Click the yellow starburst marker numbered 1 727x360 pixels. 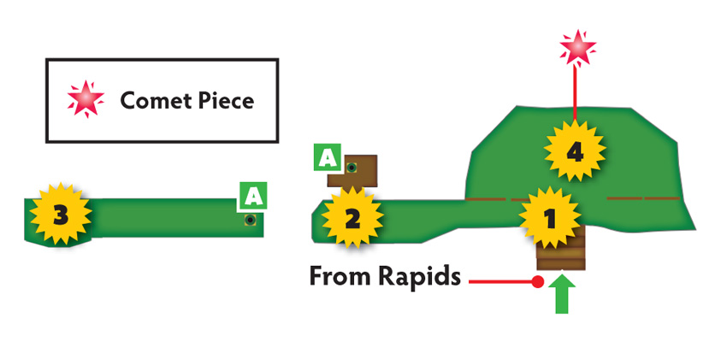(x=549, y=218)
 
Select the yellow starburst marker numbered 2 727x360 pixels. (x=352, y=218)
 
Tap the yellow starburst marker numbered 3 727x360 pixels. (x=61, y=214)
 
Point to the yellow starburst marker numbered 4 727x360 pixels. (x=575, y=151)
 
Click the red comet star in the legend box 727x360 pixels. (x=86, y=98)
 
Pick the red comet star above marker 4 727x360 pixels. (x=577, y=48)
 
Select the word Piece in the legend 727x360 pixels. (x=228, y=101)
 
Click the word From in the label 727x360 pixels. (x=340, y=277)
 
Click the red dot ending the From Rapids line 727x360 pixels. (x=537, y=281)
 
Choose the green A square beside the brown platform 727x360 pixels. (x=328, y=157)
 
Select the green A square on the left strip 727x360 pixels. (x=253, y=197)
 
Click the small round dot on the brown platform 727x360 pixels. (x=352, y=168)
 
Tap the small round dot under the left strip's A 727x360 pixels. (x=251, y=220)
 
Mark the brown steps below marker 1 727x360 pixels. (x=561, y=252)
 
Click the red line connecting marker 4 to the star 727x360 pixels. (x=575, y=92)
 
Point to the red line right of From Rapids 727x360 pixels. (x=500, y=281)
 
